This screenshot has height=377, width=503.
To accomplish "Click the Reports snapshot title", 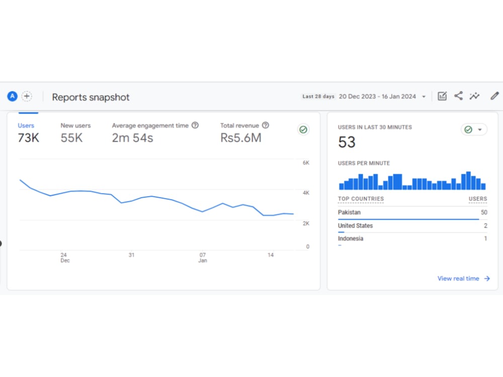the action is (91, 97).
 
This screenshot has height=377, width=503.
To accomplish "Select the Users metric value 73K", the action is (28, 138).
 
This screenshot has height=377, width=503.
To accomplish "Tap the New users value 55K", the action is (71, 138).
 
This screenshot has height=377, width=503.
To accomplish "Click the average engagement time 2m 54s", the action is (132, 138).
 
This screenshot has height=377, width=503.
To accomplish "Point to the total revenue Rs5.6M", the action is (241, 138).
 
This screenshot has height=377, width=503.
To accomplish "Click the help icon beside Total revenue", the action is (265, 125).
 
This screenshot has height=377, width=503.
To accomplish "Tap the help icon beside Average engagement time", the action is (195, 125).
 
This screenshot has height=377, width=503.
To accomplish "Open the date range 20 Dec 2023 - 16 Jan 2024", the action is (377, 97).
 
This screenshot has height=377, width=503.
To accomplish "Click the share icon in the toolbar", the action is (458, 96).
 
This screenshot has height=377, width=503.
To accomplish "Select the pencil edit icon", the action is (494, 96).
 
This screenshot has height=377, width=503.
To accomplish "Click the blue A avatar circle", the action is (12, 96).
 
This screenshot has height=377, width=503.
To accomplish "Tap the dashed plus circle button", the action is (27, 96).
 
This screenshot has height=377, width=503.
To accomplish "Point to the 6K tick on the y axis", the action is (306, 163).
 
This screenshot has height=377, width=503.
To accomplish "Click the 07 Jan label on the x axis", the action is (202, 257).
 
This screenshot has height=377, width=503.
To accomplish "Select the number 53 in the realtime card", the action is (347, 142).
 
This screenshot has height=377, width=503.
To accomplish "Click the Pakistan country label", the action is (349, 212).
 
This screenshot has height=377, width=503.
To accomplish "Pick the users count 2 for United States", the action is (485, 226).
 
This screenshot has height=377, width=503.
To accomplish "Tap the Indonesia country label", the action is (350, 238).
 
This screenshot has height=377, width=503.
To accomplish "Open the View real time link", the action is (464, 278).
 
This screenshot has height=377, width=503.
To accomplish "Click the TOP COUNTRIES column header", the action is (361, 199).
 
